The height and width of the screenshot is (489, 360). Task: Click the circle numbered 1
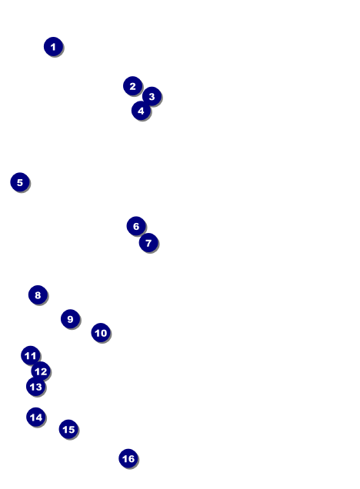click(53, 46)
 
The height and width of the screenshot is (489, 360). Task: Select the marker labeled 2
click(132, 86)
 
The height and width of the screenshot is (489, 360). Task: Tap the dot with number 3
click(152, 96)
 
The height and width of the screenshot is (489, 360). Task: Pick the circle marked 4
click(141, 111)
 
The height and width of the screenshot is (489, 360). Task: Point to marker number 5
click(20, 182)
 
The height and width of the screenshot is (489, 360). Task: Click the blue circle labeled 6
click(136, 226)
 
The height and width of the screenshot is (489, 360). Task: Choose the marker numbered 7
click(148, 243)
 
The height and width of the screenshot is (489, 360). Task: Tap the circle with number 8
click(38, 294)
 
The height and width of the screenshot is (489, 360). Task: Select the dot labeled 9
click(70, 319)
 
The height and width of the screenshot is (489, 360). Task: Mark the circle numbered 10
click(101, 333)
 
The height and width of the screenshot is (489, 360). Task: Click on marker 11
click(30, 355)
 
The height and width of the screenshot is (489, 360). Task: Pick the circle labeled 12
click(41, 371)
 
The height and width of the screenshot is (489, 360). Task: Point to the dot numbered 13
click(36, 387)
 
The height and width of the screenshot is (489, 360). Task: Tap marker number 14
click(36, 417)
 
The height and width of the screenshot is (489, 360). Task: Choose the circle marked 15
click(68, 429)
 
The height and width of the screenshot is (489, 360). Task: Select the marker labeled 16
click(128, 458)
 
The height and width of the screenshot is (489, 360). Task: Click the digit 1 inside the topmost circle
click(53, 47)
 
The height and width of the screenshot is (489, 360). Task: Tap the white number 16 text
click(128, 459)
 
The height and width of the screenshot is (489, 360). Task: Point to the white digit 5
click(20, 182)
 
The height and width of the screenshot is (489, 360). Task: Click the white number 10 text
click(101, 333)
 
